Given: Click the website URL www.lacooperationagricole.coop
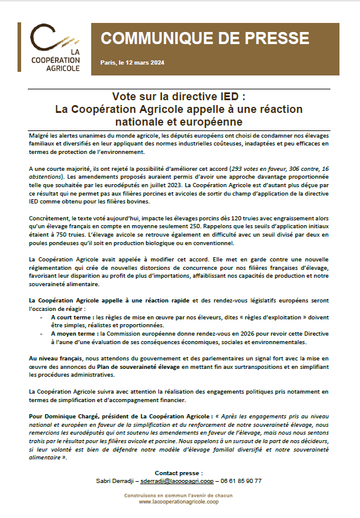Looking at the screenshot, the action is coord(179,501).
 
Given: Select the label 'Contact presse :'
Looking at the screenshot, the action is coord(179,473).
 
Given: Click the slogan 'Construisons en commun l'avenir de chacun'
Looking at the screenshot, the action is coord(179,494).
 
